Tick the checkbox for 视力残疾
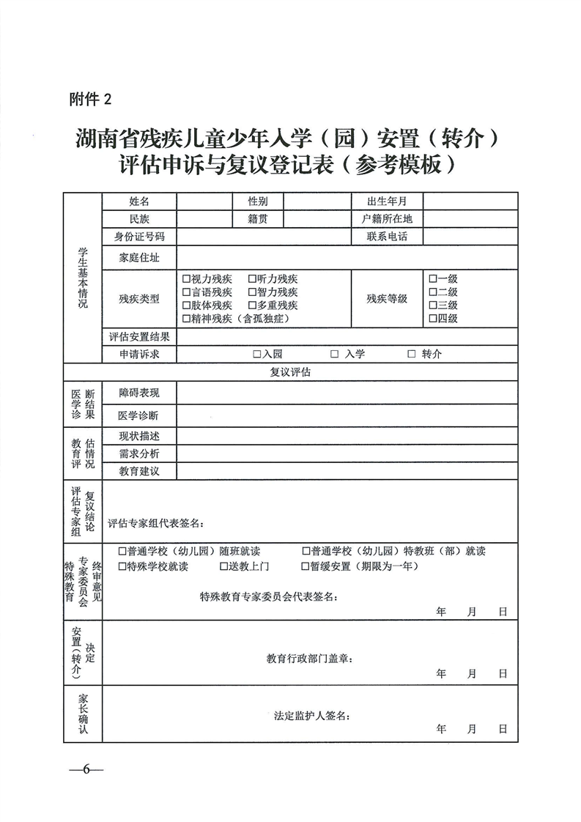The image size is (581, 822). (186, 279)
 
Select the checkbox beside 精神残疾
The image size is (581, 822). (186, 319)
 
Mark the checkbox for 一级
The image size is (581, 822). (433, 278)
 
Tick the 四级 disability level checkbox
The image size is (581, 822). (433, 318)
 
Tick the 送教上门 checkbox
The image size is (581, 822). (224, 566)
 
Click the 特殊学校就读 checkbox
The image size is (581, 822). (122, 566)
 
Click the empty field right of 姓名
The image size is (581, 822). (204, 201)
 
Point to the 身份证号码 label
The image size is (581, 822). (139, 237)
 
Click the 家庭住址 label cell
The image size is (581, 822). (139, 258)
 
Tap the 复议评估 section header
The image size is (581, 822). (291, 372)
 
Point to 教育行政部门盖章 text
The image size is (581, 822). (309, 659)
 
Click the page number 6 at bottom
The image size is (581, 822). (86, 769)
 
